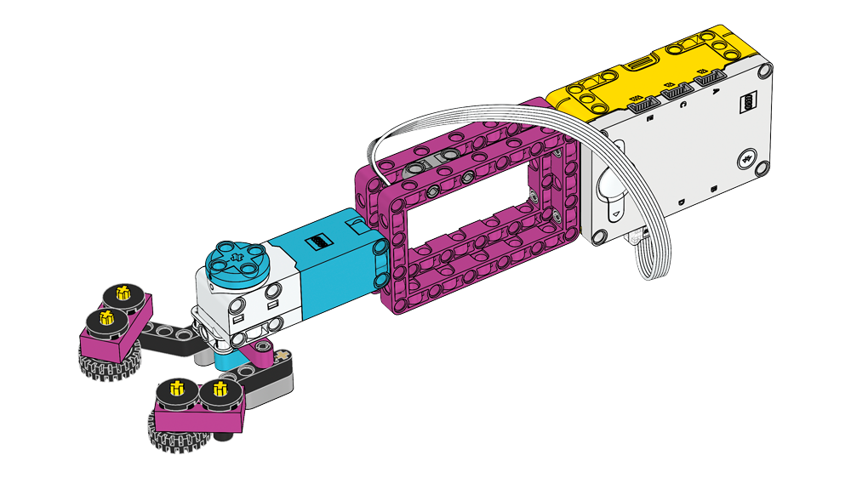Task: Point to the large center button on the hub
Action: pyautogui.click(x=610, y=192)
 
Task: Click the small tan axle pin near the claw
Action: pyautogui.click(x=280, y=355)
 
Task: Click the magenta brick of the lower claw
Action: pyautogui.click(x=200, y=413)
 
